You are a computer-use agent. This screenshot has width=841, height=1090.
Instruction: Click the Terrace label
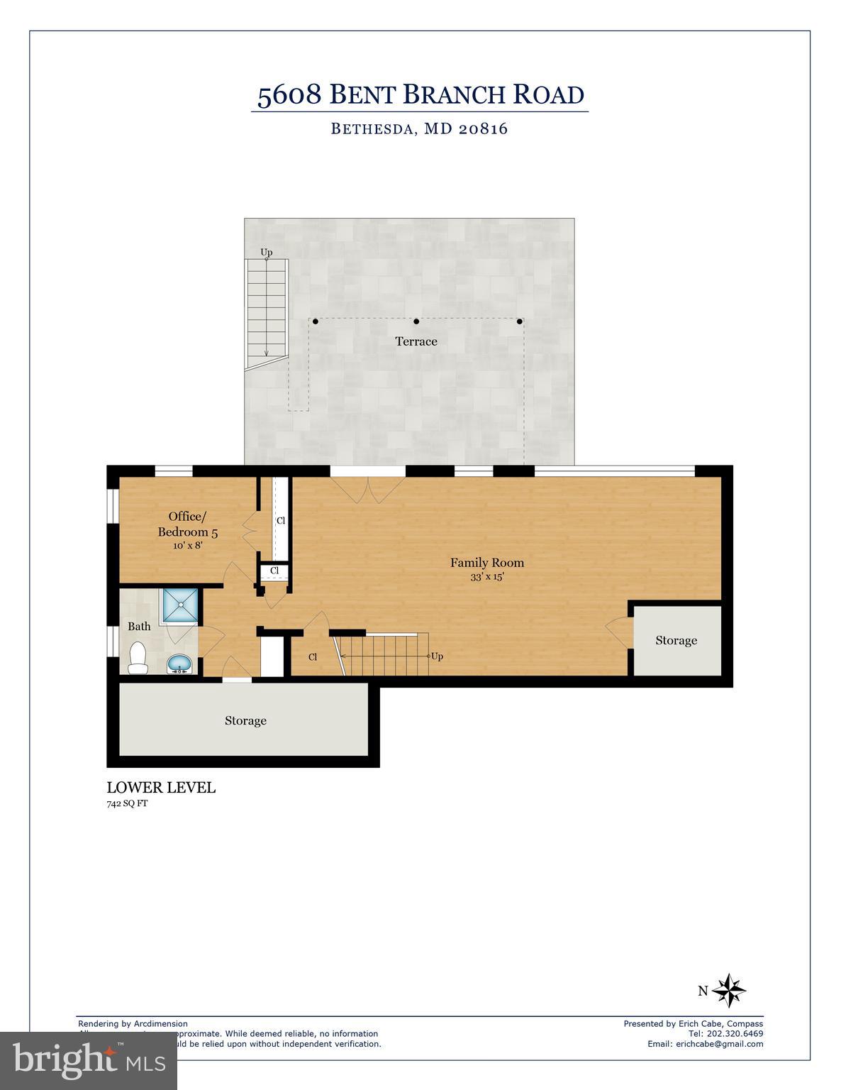coord(416,341)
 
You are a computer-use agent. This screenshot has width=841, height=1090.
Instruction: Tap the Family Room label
coord(487,563)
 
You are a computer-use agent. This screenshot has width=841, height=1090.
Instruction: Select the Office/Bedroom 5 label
coord(188,524)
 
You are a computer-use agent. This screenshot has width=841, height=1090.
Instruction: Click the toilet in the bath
coord(137,658)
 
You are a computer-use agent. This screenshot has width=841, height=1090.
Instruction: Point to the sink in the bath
coord(179,664)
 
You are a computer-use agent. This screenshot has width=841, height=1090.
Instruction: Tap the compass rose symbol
coord(728,991)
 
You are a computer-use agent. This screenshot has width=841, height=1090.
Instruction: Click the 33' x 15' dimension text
coord(487,577)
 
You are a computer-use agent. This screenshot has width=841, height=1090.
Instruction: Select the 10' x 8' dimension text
coord(188,546)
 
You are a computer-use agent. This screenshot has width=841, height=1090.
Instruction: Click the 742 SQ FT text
coord(127,804)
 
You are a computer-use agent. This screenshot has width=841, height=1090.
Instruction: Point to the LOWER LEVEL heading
coord(161,788)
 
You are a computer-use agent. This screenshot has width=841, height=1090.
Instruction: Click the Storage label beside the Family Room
coord(676,640)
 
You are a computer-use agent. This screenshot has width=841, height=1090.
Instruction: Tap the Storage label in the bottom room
coord(245,720)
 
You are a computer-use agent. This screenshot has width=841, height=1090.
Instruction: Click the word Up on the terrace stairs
coord(266,252)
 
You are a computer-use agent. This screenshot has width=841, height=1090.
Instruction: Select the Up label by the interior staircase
coord(437,656)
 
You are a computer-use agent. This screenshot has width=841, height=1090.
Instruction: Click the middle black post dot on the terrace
coord(416,321)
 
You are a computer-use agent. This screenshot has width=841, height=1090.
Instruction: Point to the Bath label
coord(139,627)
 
